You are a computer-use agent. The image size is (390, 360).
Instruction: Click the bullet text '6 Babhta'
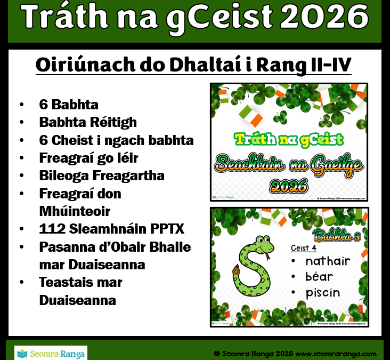pos(69,104)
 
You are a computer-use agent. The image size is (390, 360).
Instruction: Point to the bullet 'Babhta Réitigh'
pos(88,122)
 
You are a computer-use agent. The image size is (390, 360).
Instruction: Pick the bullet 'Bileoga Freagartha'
pos(102,175)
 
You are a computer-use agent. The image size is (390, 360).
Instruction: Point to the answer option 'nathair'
pos(328,261)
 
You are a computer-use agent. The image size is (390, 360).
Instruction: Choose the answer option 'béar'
pos(319,277)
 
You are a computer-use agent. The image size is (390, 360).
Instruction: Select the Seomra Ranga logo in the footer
pos(51,353)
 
